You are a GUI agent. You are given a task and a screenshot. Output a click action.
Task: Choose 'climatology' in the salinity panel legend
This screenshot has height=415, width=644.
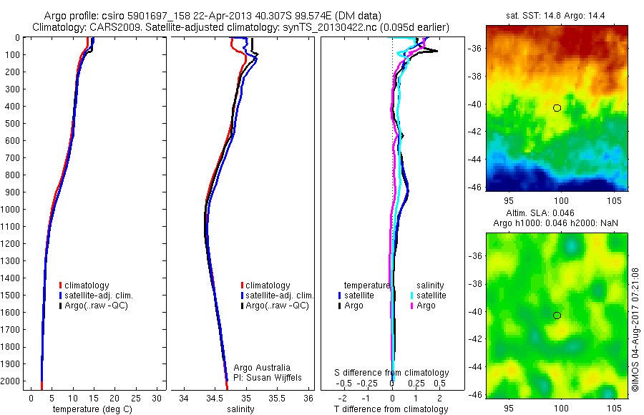pos(268,285)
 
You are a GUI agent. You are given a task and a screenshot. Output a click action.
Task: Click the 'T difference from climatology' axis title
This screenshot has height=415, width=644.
pos(391,409)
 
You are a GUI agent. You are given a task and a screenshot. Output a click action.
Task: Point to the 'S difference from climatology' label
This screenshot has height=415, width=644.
pos(392,373)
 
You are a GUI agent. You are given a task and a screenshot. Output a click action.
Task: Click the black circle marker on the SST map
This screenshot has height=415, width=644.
pos(557,108)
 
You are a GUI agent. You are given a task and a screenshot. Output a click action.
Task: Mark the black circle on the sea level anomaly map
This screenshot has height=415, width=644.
pos(557,316)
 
